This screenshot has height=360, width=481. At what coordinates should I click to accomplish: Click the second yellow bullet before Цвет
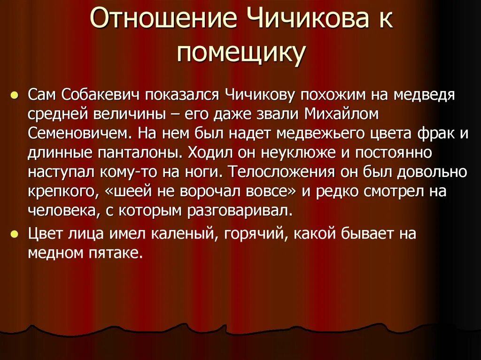pos(15,233)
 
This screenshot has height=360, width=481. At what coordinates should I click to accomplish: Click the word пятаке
pos(118,253)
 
